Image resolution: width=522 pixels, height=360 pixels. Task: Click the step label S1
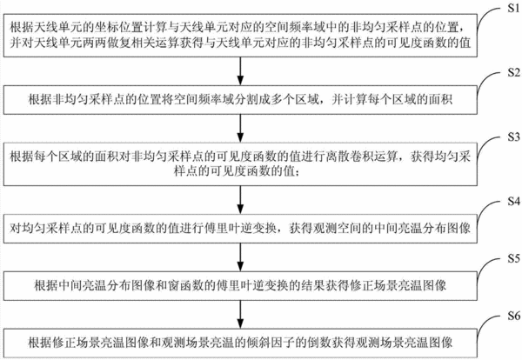(x=513, y=8)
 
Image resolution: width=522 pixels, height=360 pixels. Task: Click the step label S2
(x=513, y=72)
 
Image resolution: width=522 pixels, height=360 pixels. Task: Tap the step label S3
(x=513, y=137)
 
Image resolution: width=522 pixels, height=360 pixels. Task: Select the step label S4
(x=513, y=201)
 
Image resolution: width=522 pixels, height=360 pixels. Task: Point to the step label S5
(x=513, y=258)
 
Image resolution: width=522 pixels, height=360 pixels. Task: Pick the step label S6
(x=513, y=316)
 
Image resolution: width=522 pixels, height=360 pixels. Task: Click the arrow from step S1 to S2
(x=240, y=70)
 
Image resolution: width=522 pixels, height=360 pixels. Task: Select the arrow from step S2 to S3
(x=240, y=128)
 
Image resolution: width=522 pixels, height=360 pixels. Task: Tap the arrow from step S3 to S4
(x=240, y=200)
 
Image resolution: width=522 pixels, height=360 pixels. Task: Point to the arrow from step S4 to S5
(x=240, y=257)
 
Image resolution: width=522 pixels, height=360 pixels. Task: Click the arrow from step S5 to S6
(x=240, y=315)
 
